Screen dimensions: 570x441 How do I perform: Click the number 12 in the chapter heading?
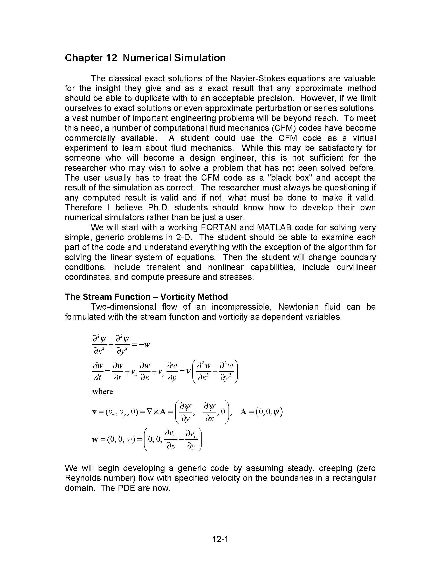click(112, 58)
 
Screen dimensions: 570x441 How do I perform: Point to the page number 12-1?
click(220, 539)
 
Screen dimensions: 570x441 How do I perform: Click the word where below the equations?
click(102, 391)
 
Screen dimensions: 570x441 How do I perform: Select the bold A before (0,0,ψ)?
click(244, 412)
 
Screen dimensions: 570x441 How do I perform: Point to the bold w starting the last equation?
click(95, 439)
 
